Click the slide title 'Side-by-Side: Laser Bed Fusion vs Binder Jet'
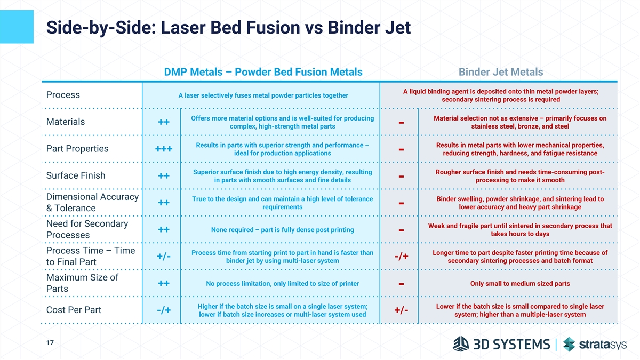(x=228, y=28)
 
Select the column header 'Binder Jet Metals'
(x=501, y=72)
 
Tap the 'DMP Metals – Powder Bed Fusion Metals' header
(x=263, y=72)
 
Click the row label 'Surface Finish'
(x=76, y=175)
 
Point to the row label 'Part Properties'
(x=77, y=149)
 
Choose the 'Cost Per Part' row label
(x=74, y=310)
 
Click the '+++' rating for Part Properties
(x=164, y=149)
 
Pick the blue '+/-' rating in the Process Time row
(x=164, y=257)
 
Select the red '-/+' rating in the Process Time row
(x=401, y=257)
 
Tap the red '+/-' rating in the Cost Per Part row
(x=401, y=310)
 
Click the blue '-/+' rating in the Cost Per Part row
(x=164, y=310)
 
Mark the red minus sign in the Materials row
(x=401, y=123)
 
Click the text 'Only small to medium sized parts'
(x=520, y=283)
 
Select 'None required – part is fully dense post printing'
(x=282, y=230)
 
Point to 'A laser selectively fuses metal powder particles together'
(x=263, y=95)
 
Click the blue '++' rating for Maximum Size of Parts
(x=164, y=283)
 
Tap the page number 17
(x=50, y=342)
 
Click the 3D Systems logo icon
(x=461, y=343)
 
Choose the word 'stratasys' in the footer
(x=603, y=345)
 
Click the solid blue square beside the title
(x=17, y=27)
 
